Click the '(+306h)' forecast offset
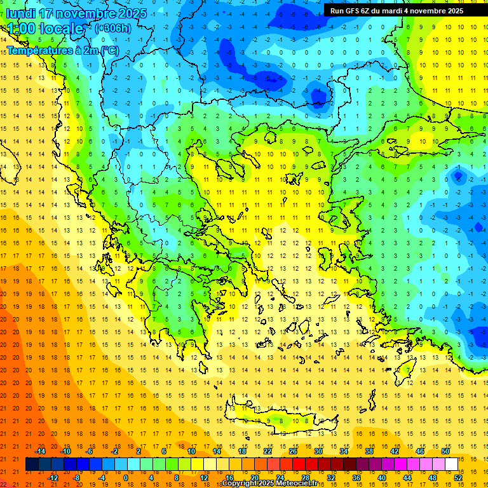click(x=113, y=28)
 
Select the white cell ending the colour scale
click(x=451, y=464)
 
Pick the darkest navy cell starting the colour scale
click(x=32, y=464)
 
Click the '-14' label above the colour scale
click(x=40, y=451)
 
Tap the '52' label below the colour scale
click(x=458, y=478)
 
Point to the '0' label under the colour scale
click(x=126, y=478)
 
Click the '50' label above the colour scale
click(x=445, y=451)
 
